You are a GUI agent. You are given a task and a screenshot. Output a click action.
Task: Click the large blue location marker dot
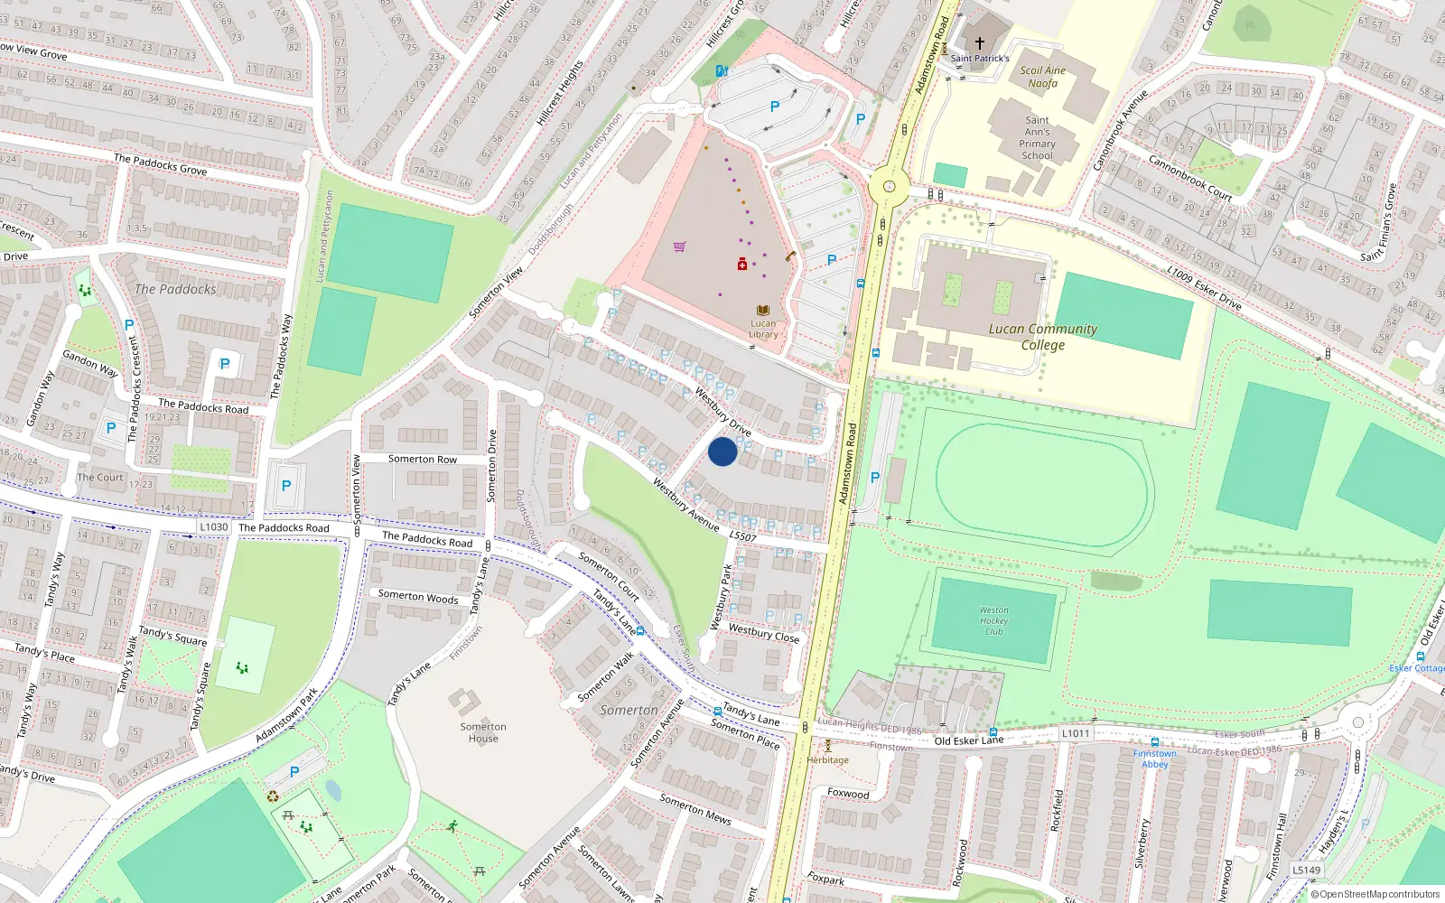coord(722,451)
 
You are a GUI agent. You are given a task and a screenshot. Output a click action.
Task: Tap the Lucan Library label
coord(763,329)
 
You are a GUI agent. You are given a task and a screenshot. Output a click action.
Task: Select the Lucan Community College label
coord(1043,337)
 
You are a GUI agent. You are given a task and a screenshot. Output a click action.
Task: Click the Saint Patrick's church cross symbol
coord(980,42)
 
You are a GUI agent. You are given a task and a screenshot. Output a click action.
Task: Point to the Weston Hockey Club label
coord(993,620)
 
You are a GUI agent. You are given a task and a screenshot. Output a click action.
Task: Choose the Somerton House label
coord(483,732)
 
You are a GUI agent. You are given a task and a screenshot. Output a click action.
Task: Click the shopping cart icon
coord(679,246)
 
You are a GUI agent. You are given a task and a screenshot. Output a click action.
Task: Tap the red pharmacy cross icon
coord(741,264)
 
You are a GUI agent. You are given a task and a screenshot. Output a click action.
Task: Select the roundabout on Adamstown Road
coord(889,187)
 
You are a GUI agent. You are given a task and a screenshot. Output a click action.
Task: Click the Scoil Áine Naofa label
coord(1043,77)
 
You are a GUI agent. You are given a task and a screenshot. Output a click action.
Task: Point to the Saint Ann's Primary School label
coord(1037,137)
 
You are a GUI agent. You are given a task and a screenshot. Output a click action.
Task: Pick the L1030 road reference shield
coord(214,526)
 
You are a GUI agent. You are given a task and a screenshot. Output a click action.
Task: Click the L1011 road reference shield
coord(1076,733)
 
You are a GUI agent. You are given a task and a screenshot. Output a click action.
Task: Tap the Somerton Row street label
coord(423,460)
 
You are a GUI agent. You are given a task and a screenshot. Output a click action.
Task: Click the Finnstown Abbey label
coord(1155,759)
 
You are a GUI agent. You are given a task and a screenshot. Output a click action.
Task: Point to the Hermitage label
coord(828,759)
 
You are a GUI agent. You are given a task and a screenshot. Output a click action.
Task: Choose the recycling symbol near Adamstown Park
coord(273,796)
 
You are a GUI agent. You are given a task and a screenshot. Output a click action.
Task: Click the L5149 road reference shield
coord(1306,870)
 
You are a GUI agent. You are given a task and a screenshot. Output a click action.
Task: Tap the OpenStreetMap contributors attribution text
coord(1375,895)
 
